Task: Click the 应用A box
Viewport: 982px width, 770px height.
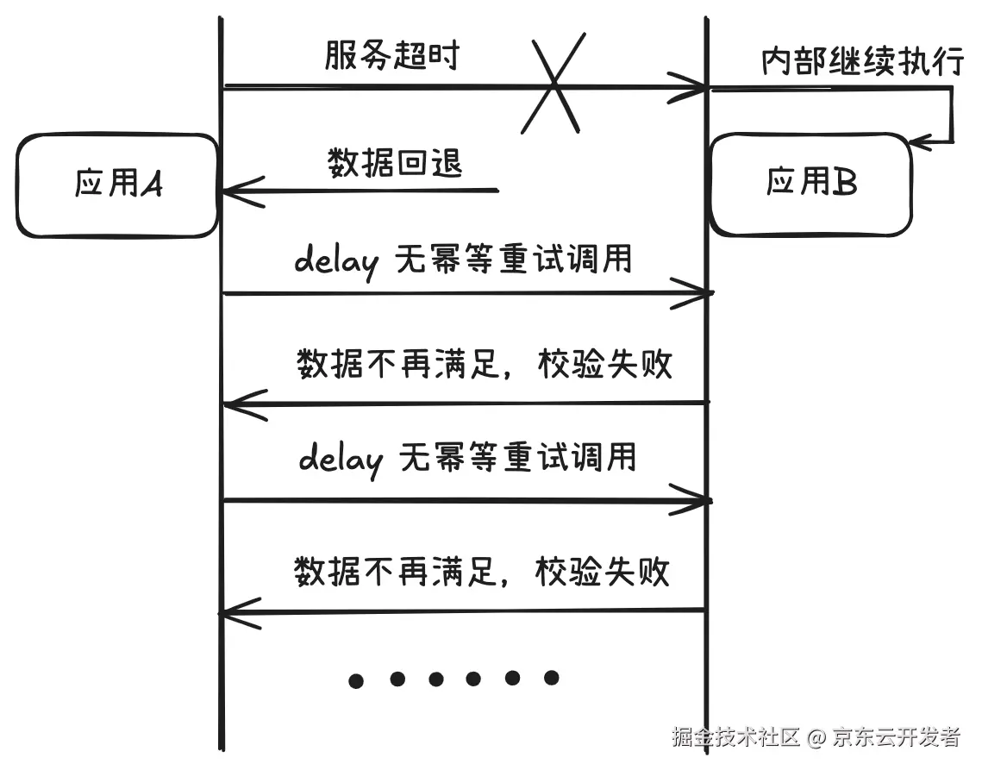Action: coord(117,185)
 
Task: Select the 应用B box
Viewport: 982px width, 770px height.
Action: coord(810,184)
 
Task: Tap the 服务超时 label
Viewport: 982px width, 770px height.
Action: coord(392,57)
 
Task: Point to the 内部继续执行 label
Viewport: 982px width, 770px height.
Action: coord(861,61)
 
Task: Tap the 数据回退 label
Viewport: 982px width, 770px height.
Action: coord(395,162)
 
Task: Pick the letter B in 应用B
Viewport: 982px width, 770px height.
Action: coord(846,182)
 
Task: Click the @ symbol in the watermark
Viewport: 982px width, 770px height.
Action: coord(816,737)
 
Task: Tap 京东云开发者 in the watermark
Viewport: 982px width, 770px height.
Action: coord(896,737)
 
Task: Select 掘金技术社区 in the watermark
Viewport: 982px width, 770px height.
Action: coord(737,737)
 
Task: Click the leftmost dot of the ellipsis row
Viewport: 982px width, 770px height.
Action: coord(356,681)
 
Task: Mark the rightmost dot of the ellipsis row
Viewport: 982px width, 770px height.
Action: coord(551,677)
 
